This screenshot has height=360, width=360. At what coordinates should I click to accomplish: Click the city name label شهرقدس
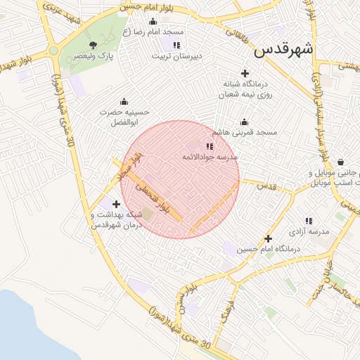[x=283, y=51]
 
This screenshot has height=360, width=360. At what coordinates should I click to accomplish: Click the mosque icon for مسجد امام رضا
[x=153, y=21]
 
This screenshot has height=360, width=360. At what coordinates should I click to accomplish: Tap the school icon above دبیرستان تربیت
[x=176, y=45]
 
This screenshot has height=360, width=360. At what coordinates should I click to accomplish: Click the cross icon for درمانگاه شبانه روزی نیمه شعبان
[x=245, y=73]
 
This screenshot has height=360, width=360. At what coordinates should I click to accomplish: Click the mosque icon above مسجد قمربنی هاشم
[x=245, y=122]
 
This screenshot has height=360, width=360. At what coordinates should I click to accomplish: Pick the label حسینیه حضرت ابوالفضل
[x=124, y=117]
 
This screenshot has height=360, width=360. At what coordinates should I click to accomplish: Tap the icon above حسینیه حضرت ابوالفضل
[x=124, y=101]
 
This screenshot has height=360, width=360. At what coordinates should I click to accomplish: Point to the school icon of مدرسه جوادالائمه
[x=209, y=146]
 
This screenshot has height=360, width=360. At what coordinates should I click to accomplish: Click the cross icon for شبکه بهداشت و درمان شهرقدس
[x=116, y=204]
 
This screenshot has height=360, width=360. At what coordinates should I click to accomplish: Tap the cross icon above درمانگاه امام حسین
[x=268, y=238]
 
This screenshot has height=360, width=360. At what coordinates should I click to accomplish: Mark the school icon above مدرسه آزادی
[x=309, y=221]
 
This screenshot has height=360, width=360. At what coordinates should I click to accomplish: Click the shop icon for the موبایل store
[x=341, y=162]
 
